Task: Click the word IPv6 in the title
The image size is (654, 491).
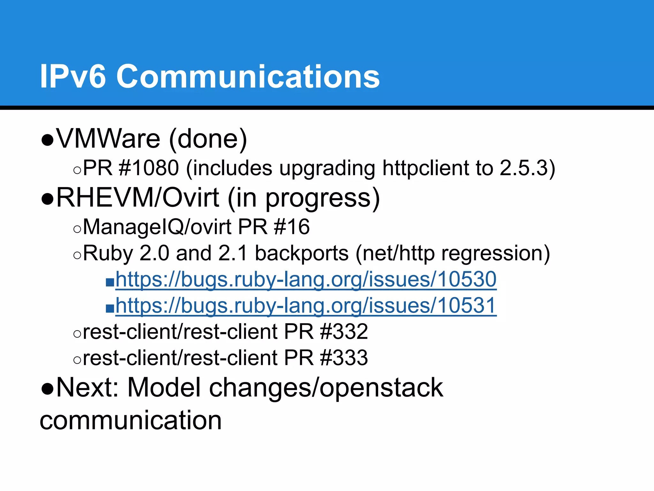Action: click(x=72, y=76)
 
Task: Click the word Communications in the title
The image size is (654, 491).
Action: click(x=248, y=76)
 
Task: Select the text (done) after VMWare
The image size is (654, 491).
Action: click(x=208, y=139)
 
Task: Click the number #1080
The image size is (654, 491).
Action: click(x=148, y=168)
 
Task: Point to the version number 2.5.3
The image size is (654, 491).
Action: click(x=524, y=168)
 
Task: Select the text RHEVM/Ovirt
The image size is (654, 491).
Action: click(x=138, y=198)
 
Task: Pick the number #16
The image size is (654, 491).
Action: click(x=292, y=227)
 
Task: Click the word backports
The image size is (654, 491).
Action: click(x=302, y=253)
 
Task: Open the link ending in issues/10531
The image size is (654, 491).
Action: click(x=306, y=306)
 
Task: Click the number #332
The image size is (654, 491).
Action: click(x=344, y=332)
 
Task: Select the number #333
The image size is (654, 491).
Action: click(x=344, y=358)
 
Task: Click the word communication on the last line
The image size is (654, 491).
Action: click(x=131, y=420)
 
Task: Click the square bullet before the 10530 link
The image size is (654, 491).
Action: click(x=110, y=282)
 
